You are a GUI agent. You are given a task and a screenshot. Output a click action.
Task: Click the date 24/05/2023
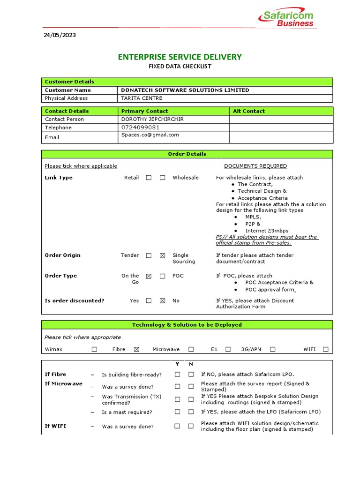click(60, 35)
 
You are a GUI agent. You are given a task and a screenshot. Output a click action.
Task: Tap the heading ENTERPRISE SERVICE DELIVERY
click(180, 57)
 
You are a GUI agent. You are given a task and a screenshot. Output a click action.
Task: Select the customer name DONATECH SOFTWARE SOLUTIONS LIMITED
click(185, 90)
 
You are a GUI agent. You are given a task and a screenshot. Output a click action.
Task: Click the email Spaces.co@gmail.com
click(150, 135)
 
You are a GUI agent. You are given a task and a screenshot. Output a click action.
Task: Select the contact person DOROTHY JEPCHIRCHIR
click(152, 119)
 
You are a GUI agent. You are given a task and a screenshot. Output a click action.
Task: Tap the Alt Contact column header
click(248, 111)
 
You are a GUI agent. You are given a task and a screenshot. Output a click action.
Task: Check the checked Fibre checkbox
click(136, 349)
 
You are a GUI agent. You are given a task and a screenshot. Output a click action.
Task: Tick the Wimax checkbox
click(94, 349)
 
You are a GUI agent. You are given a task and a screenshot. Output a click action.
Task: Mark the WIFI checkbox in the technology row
click(325, 349)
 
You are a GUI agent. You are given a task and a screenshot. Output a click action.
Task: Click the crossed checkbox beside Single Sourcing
click(162, 256)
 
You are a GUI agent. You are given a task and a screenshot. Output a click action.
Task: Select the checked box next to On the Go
click(149, 277)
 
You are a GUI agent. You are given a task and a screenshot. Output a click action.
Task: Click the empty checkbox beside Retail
click(149, 178)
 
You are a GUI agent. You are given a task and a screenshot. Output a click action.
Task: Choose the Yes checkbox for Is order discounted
click(149, 301)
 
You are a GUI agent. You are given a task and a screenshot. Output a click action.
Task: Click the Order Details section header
click(187, 154)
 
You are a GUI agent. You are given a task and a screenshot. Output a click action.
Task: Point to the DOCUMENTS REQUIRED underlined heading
click(255, 166)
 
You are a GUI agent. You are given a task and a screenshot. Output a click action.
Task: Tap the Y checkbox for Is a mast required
click(177, 412)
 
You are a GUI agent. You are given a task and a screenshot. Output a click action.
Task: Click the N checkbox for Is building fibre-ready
click(191, 375)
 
